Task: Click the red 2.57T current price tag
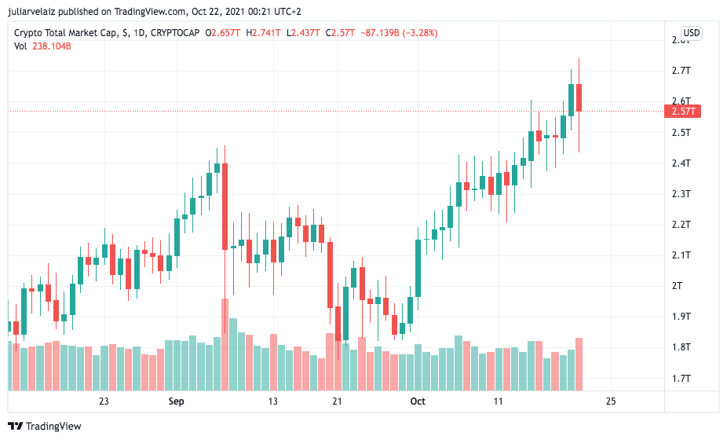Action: pyautogui.click(x=685, y=112)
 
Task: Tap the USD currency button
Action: pyautogui.click(x=691, y=33)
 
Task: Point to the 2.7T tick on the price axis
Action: pyautogui.click(x=681, y=71)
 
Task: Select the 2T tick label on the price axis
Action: pyautogui.click(x=678, y=285)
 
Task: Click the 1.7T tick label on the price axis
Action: pyautogui.click(x=681, y=378)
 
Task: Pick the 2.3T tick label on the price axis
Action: pyautogui.click(x=681, y=193)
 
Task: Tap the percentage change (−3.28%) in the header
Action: pyautogui.click(x=418, y=33)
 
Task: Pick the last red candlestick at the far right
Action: pyautogui.click(x=579, y=97)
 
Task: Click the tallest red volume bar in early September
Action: pyautogui.click(x=225, y=344)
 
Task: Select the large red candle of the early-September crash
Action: pyautogui.click(x=225, y=206)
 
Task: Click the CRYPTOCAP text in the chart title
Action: pyautogui.click(x=174, y=33)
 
